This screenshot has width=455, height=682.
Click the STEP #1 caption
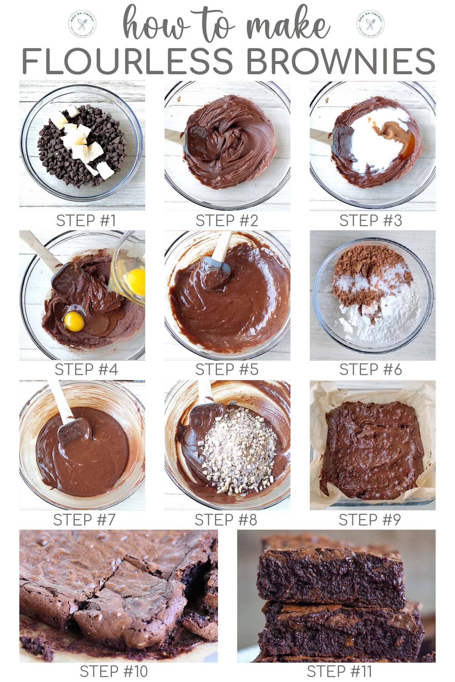click(x=86, y=221)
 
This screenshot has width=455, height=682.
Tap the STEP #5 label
click(x=226, y=370)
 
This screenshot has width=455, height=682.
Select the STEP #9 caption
click(x=369, y=520)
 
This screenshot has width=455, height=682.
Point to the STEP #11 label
click(x=339, y=671)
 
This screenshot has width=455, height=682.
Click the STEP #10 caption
click(x=113, y=671)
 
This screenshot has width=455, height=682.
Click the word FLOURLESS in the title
click(x=127, y=61)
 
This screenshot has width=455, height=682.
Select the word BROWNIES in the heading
click(x=341, y=61)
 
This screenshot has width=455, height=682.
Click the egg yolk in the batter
click(x=74, y=322)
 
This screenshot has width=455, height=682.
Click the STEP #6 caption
click(x=370, y=370)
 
